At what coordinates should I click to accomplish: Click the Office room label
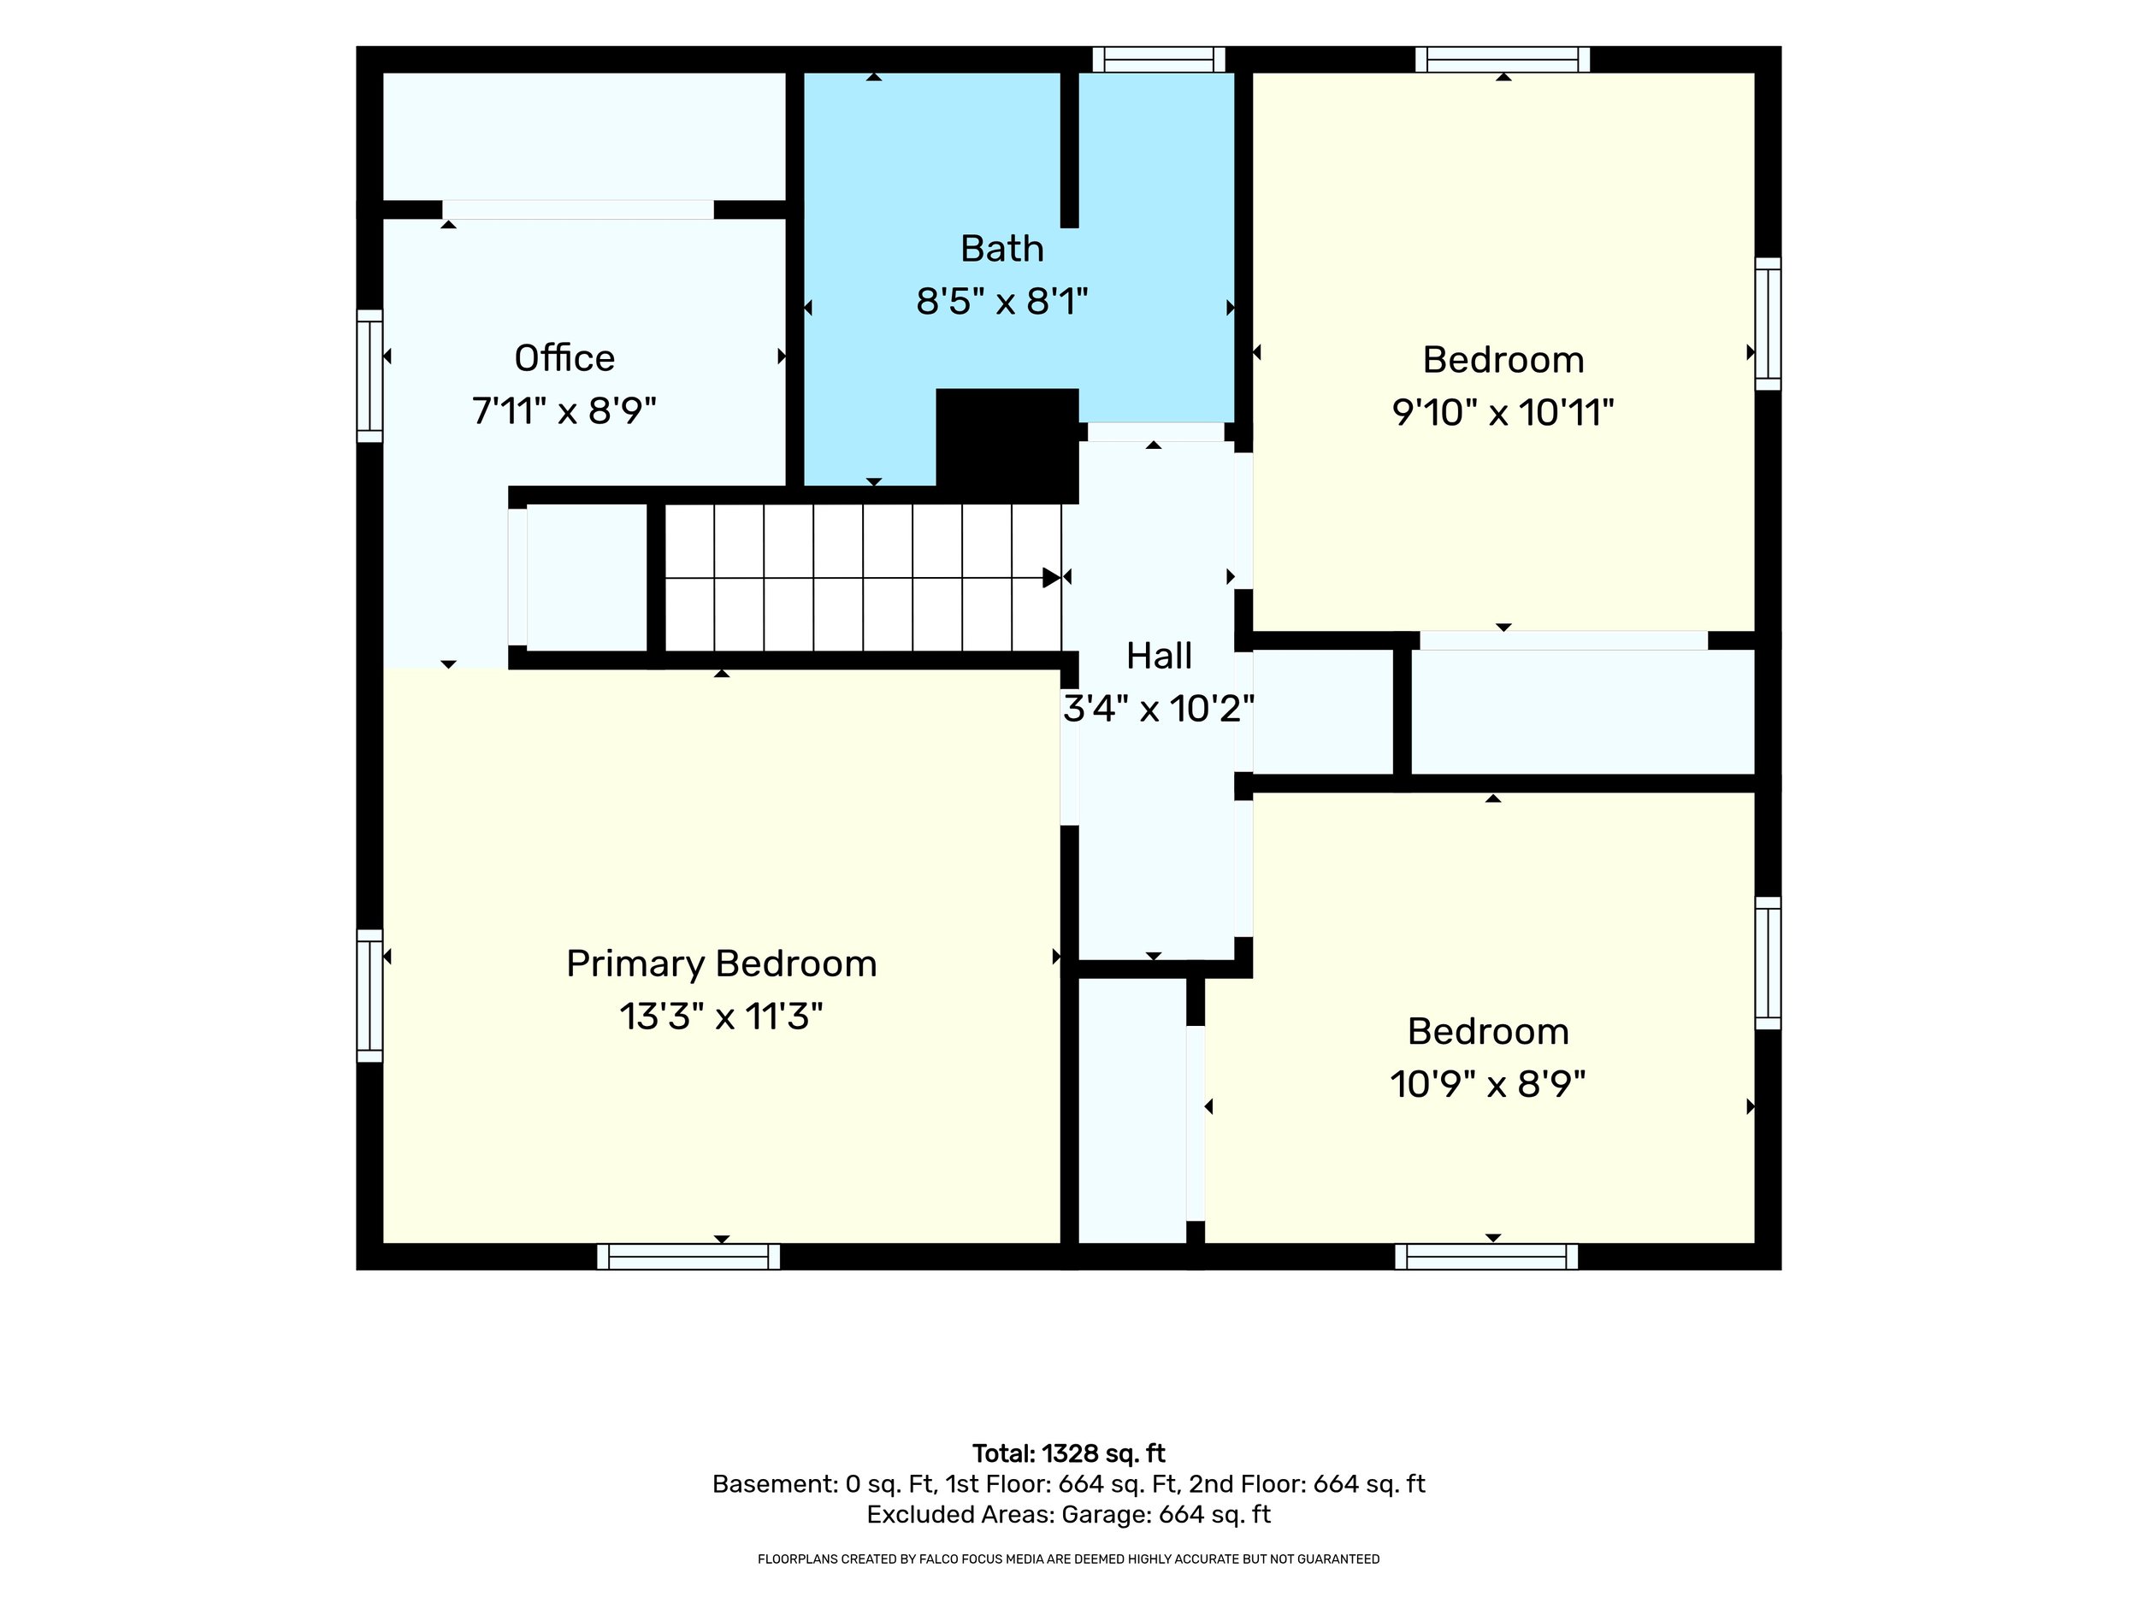pyautogui.click(x=564, y=358)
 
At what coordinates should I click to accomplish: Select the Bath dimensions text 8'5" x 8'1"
pyautogui.click(x=1002, y=303)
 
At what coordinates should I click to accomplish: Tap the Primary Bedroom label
pyautogui.click(x=721, y=964)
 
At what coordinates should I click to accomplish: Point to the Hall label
pyautogui.click(x=1159, y=656)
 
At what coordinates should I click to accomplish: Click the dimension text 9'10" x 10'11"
pyautogui.click(x=1503, y=414)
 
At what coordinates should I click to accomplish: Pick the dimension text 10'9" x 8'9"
pyautogui.click(x=1489, y=1084)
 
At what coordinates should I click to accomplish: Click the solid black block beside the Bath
pyautogui.click(x=1007, y=445)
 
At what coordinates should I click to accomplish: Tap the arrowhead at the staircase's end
pyautogui.click(x=1052, y=578)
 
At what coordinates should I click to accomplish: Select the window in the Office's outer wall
pyautogui.click(x=369, y=376)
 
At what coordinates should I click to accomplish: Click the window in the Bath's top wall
pyautogui.click(x=1159, y=59)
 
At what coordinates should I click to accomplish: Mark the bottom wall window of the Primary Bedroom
pyautogui.click(x=688, y=1256)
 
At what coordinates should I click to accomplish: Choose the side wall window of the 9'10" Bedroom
pyautogui.click(x=1768, y=324)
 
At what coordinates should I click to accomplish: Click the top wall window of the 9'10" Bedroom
pyautogui.click(x=1503, y=59)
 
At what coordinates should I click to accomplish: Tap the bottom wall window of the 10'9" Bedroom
pyautogui.click(x=1486, y=1256)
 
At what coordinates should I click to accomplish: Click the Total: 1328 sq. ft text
pyautogui.click(x=1069, y=1453)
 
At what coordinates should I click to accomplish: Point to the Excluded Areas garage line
pyautogui.click(x=1069, y=1514)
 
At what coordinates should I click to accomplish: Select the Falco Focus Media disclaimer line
pyautogui.click(x=1069, y=1559)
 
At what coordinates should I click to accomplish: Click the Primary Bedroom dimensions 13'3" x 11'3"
pyautogui.click(x=721, y=1017)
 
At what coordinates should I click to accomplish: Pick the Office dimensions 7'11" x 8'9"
pyautogui.click(x=564, y=411)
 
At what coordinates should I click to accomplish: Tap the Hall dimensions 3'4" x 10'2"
pyautogui.click(x=1159, y=710)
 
